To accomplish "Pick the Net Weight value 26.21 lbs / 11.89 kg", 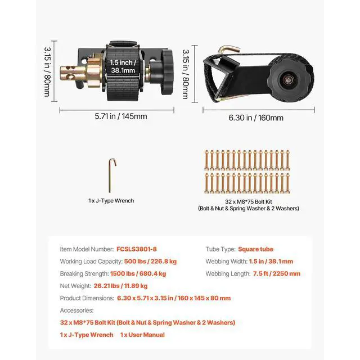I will click(x=121, y=286).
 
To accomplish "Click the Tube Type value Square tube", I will click(x=256, y=249).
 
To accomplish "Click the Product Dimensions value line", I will click(x=174, y=298).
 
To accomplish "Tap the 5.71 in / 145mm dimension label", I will click(x=120, y=116).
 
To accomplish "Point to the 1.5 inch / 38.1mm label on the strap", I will click(x=123, y=67).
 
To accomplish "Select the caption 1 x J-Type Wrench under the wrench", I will click(x=111, y=200).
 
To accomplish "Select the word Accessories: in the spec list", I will click(x=76, y=310).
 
